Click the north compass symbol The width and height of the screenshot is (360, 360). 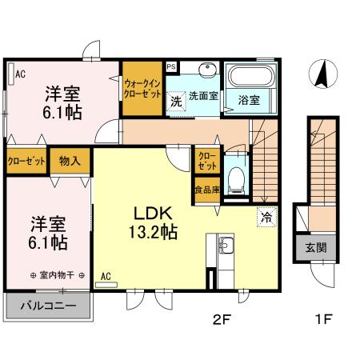pyautogui.click(x=323, y=74)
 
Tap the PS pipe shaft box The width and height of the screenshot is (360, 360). pyautogui.click(x=171, y=66)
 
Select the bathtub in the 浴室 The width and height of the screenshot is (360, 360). pyautogui.click(x=252, y=76)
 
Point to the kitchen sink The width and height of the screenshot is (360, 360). pyautogui.click(x=226, y=246)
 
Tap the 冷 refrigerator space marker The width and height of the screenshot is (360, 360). pyautogui.click(x=266, y=218)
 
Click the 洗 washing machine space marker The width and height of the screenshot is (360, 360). pyautogui.click(x=176, y=102)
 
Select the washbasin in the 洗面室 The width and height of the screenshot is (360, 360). pyautogui.click(x=207, y=69)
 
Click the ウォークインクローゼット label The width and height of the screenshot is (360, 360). pyautogui.click(x=142, y=89)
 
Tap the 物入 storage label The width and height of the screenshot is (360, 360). pyautogui.click(x=70, y=161)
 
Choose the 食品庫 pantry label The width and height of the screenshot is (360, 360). pyautogui.click(x=207, y=190)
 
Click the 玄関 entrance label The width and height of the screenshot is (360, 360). pyautogui.click(x=316, y=248)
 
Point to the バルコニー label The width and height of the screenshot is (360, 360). pyautogui.click(x=48, y=306)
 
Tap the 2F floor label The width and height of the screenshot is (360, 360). pyautogui.click(x=222, y=319)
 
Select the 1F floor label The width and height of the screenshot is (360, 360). pyautogui.click(x=323, y=319)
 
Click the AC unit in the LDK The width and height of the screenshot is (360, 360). pyautogui.click(x=106, y=285)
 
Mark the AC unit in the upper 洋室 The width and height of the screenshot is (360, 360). pyautogui.click(x=11, y=74)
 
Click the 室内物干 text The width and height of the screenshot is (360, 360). pyautogui.click(x=57, y=275)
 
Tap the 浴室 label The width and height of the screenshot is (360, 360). pyautogui.click(x=249, y=100)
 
